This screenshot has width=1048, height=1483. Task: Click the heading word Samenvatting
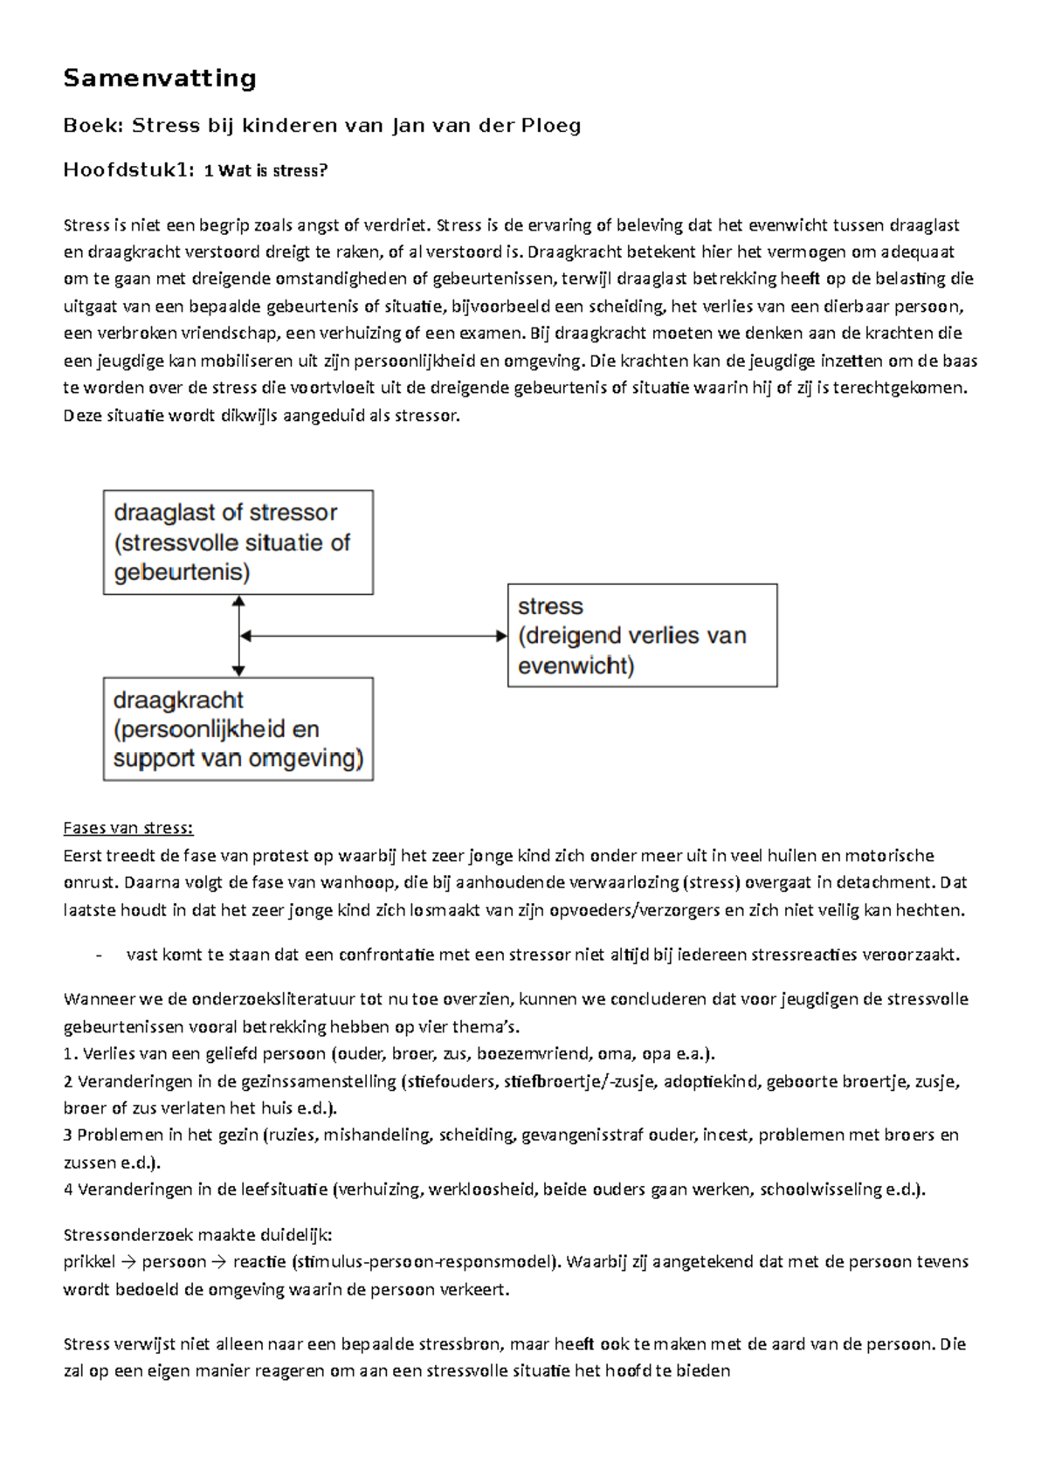tap(160, 79)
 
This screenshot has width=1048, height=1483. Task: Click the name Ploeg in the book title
tap(551, 126)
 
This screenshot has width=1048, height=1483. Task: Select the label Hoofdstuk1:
tap(128, 170)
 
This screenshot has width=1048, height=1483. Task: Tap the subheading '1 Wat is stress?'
tap(265, 171)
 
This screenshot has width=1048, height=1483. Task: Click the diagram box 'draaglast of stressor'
tap(238, 542)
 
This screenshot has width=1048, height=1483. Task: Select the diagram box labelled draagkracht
tap(238, 729)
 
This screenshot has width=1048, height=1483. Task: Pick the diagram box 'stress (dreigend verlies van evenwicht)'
tap(642, 636)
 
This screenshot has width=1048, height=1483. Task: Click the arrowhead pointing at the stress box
tap(501, 636)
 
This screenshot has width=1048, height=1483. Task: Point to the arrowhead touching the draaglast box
tap(238, 601)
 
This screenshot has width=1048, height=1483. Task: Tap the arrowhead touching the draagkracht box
tap(238, 671)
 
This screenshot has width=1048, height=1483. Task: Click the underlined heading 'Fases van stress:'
tap(128, 828)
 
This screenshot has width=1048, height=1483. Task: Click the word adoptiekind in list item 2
tap(711, 1081)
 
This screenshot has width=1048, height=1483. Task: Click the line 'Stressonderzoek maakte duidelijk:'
tap(198, 1235)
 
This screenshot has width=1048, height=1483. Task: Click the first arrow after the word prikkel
tap(128, 1262)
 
